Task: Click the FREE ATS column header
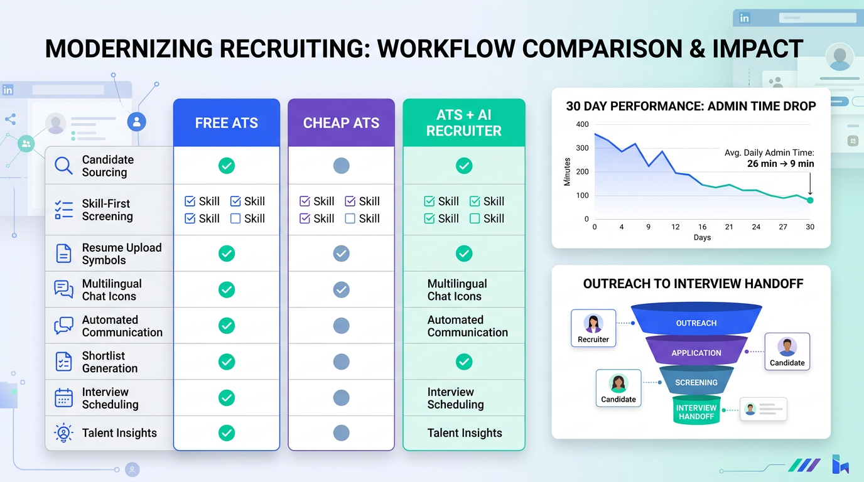point(226,123)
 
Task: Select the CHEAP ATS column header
point(341,123)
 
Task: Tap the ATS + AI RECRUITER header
point(463,123)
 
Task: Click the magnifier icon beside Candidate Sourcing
point(63,166)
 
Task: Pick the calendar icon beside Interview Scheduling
point(63,398)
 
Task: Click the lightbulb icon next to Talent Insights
point(63,433)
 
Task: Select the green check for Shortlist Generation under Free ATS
point(226,362)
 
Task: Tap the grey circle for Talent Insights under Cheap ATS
point(341,433)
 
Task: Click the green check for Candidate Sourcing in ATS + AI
point(463,166)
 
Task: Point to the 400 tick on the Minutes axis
point(582,124)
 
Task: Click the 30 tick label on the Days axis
point(810,227)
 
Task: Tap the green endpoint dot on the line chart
point(810,200)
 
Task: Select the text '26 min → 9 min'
point(780,164)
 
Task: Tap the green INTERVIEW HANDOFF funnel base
point(696,412)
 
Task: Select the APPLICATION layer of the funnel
point(696,353)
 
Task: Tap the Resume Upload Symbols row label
point(122,254)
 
